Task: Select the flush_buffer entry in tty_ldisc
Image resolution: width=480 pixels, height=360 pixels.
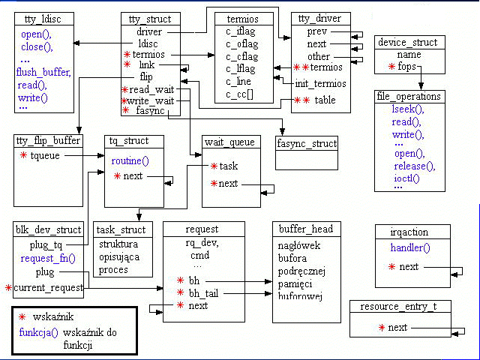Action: point(43,72)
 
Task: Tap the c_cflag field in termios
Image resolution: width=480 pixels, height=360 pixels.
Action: point(243,55)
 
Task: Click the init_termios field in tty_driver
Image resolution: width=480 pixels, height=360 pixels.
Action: point(320,82)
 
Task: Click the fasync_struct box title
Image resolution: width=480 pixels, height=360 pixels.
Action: point(307,142)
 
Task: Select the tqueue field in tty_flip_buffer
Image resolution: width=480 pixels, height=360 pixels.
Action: point(46,155)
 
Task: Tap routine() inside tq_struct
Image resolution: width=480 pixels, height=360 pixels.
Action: point(130,160)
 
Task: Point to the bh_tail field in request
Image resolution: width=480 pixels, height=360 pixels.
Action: point(203,292)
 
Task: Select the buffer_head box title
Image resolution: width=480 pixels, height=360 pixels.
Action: point(306,229)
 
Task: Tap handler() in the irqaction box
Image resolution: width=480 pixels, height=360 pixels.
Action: point(411,247)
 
